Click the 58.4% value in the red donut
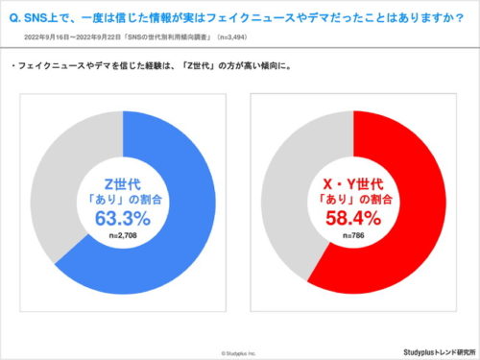(x=354, y=220)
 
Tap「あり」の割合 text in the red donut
(x=354, y=201)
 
